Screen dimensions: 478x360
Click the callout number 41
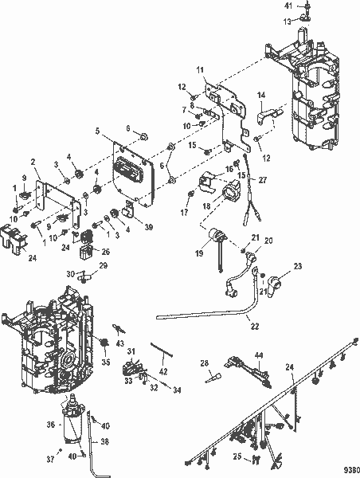click(x=289, y=6)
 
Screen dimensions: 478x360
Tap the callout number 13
click(x=289, y=22)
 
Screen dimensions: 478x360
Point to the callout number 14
click(x=260, y=96)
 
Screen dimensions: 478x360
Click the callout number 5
click(x=98, y=131)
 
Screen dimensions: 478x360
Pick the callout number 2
click(x=35, y=162)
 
